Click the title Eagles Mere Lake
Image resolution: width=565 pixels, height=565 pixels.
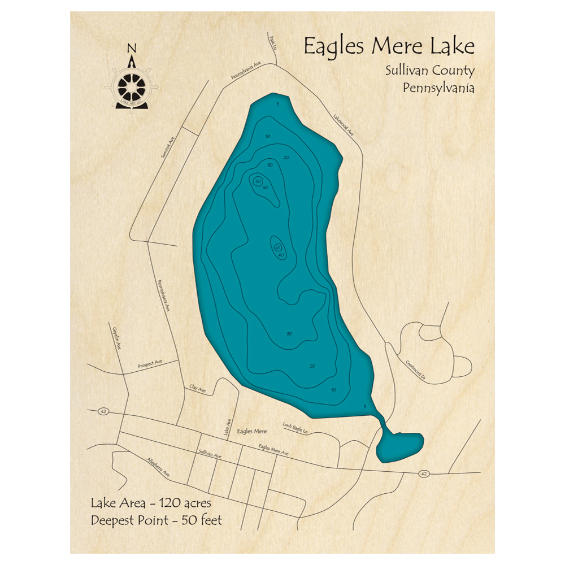[x=389, y=46]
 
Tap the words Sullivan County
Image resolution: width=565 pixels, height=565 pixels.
[x=430, y=71]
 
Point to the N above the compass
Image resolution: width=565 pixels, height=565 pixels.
[x=132, y=48]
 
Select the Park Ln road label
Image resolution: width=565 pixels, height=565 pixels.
[x=273, y=41]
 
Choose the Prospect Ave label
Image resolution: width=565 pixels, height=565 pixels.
[x=150, y=364]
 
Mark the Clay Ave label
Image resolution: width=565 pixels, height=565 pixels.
[x=197, y=388]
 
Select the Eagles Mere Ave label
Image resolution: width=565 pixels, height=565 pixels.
[x=273, y=450]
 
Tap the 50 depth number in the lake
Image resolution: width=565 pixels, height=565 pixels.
[x=258, y=181]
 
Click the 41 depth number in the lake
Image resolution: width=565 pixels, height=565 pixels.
[x=277, y=248]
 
